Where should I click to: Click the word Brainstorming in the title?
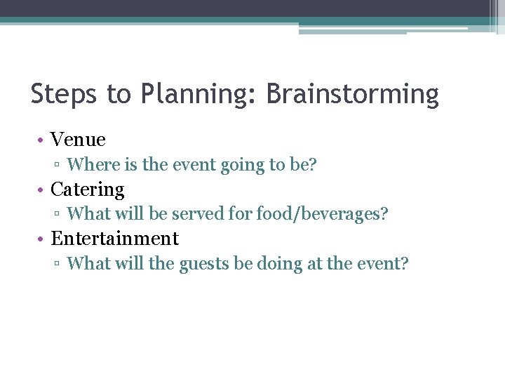coord(353,94)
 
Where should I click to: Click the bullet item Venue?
coord(78,140)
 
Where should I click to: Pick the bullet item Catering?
coord(88,189)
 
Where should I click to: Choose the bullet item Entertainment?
coord(115,239)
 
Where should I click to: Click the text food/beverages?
coord(322,214)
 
